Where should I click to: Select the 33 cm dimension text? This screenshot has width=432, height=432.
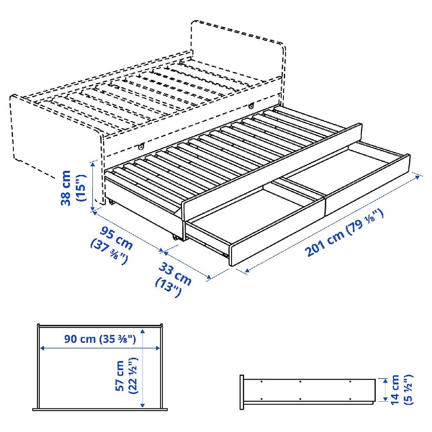[x=175, y=273]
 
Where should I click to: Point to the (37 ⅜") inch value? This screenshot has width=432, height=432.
[x=109, y=253]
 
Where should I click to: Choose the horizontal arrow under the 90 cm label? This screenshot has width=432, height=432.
[x=100, y=348]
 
